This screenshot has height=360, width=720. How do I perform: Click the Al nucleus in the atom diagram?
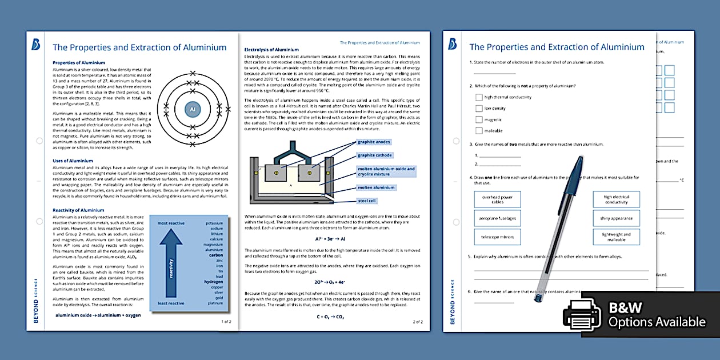pos(193,109)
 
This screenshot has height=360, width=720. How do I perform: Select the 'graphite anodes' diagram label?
pos(374,142)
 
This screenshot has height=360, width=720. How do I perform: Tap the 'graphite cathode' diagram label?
pos(375,155)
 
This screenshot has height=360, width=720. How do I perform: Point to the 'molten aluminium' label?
pos(376,187)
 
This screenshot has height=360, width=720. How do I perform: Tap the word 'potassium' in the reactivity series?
pos(214,223)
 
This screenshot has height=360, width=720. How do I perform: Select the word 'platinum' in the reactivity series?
pos(215,303)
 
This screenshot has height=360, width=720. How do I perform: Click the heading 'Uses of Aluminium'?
pos(73,161)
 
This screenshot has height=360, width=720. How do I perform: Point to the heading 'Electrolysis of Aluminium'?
pos(271,50)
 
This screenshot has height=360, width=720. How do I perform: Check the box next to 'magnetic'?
pos(479,119)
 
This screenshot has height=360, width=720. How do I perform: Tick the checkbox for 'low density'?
pos(479,108)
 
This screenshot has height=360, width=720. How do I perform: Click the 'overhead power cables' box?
pos(497,199)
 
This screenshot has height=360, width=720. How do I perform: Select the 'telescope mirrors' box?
pos(497,237)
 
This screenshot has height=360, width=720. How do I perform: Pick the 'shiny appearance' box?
pos(616,218)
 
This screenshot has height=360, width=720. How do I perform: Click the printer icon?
pos(581,315)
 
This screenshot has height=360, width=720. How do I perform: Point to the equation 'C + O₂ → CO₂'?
pos(331,316)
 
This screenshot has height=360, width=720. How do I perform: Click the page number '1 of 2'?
pos(226,322)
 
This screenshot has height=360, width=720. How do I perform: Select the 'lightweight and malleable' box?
pos(616,237)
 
